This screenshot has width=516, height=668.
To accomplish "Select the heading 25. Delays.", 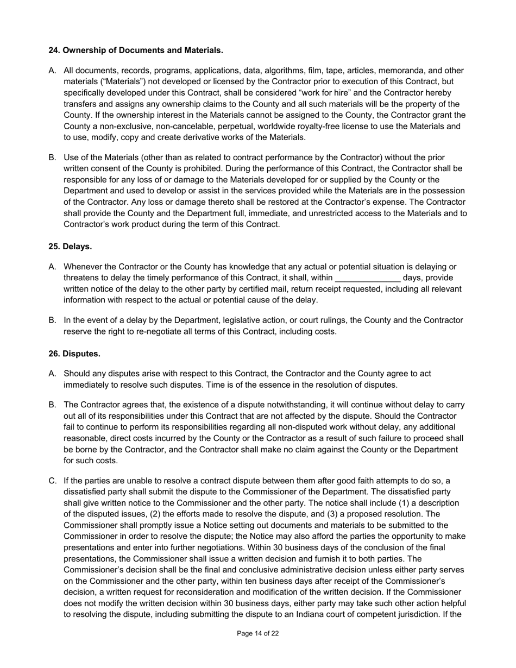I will coord(70,246).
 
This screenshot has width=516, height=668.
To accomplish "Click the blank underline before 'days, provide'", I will coord(368,278).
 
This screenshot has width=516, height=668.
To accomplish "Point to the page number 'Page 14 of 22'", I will coord(258,633).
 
